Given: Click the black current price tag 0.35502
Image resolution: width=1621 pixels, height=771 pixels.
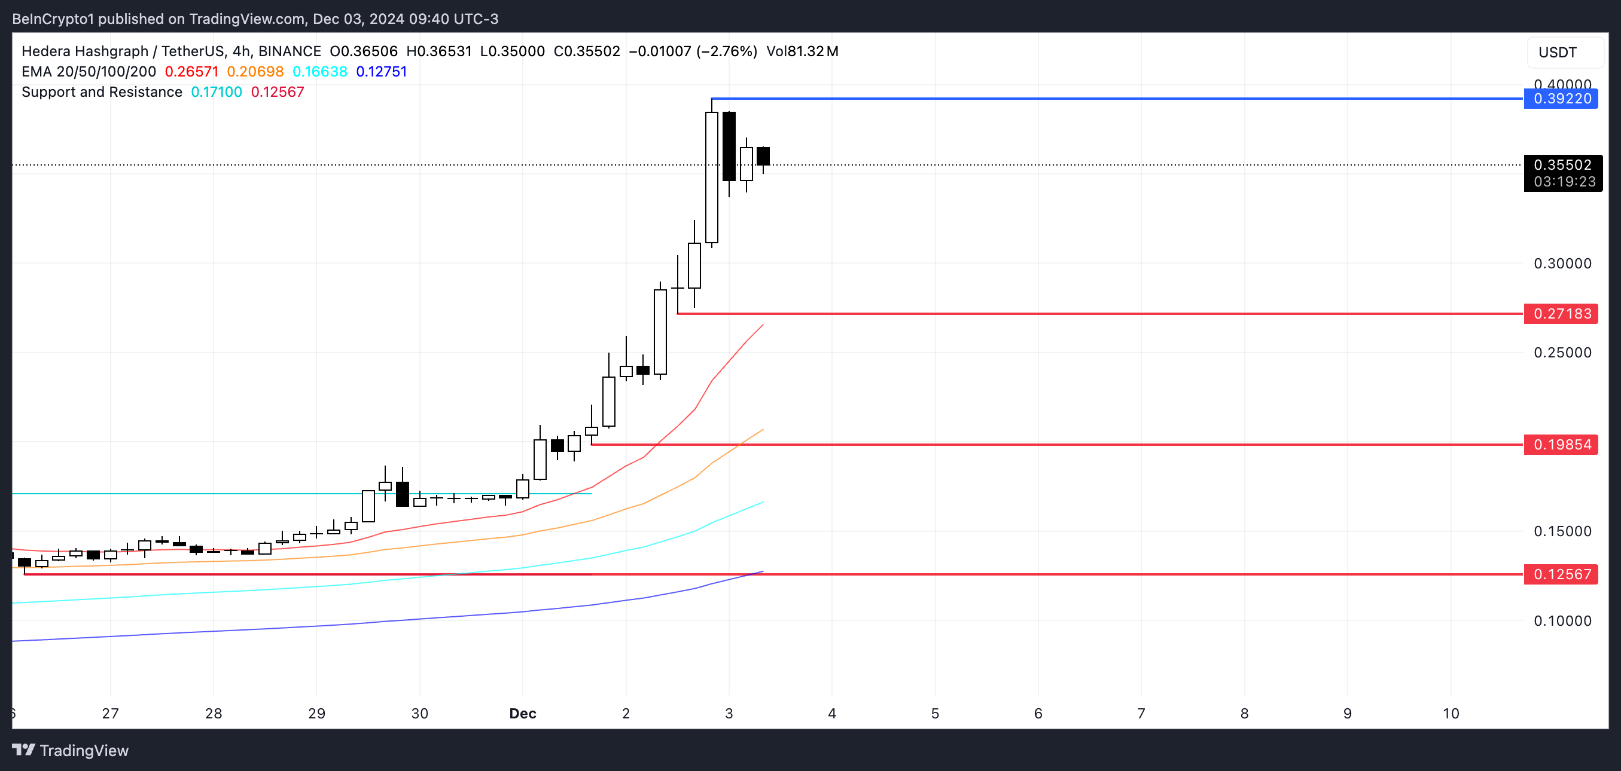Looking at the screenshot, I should [1562, 165].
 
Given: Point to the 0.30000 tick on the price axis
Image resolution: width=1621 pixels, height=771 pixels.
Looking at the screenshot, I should [1562, 264].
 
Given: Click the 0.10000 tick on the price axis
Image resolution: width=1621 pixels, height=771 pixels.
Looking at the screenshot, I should [1562, 621].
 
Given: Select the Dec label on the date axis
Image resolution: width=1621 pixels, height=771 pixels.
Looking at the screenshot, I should [522, 713].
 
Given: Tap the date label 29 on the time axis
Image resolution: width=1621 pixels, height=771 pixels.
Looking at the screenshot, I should [316, 713].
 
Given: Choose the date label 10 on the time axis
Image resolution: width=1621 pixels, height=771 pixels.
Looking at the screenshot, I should [1451, 713].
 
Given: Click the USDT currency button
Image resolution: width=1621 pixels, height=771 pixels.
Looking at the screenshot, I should [1558, 52].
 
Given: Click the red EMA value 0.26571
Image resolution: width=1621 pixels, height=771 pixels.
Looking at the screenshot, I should [191, 72].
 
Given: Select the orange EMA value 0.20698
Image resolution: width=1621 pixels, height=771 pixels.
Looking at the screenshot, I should [255, 72].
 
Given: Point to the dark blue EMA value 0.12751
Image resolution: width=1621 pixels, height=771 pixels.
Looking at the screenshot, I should [382, 72].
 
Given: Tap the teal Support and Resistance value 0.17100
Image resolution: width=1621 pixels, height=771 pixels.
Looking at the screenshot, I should [216, 92].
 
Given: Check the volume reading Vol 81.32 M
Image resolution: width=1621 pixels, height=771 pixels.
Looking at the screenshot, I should [802, 51].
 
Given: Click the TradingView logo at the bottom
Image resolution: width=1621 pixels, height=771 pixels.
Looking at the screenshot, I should [71, 750].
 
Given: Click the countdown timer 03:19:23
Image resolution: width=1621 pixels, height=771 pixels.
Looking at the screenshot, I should [1564, 182].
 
